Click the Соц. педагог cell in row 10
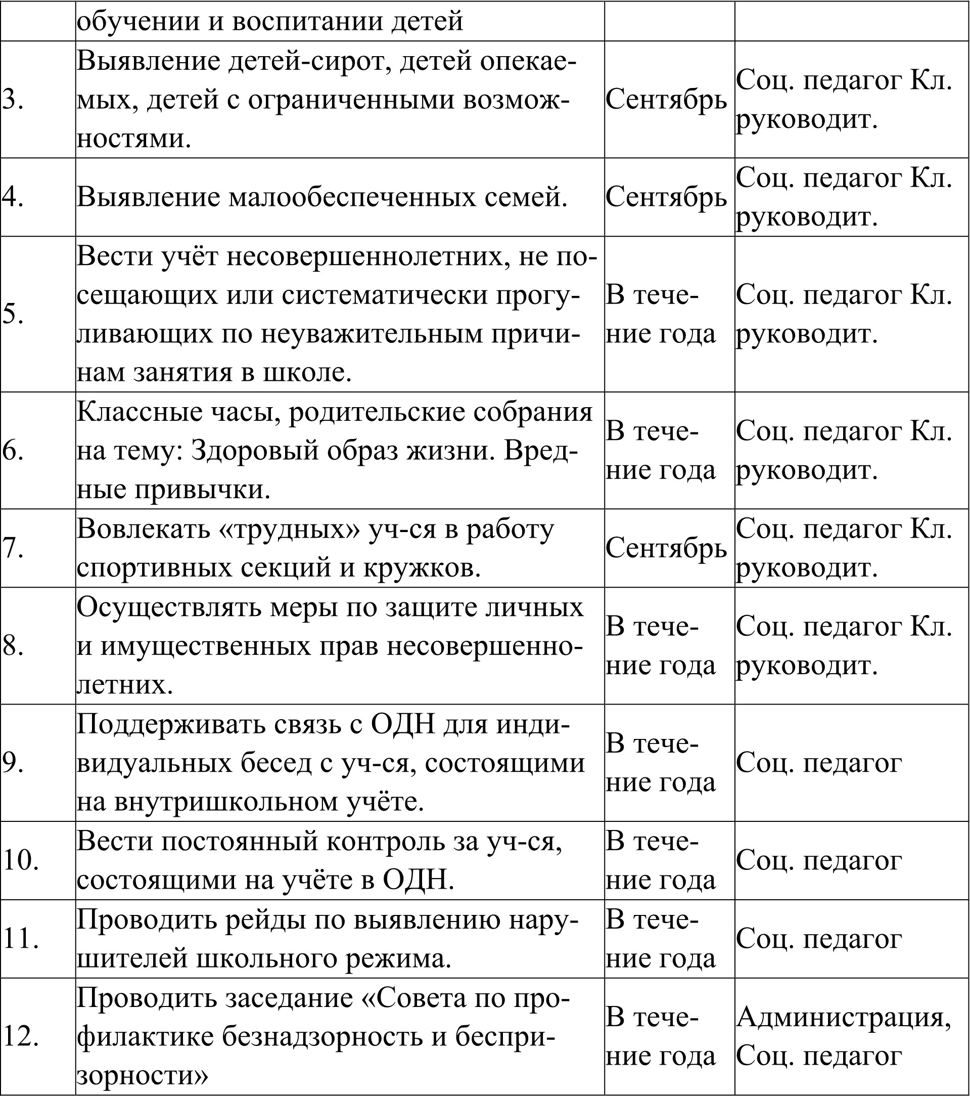click(819, 861)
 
